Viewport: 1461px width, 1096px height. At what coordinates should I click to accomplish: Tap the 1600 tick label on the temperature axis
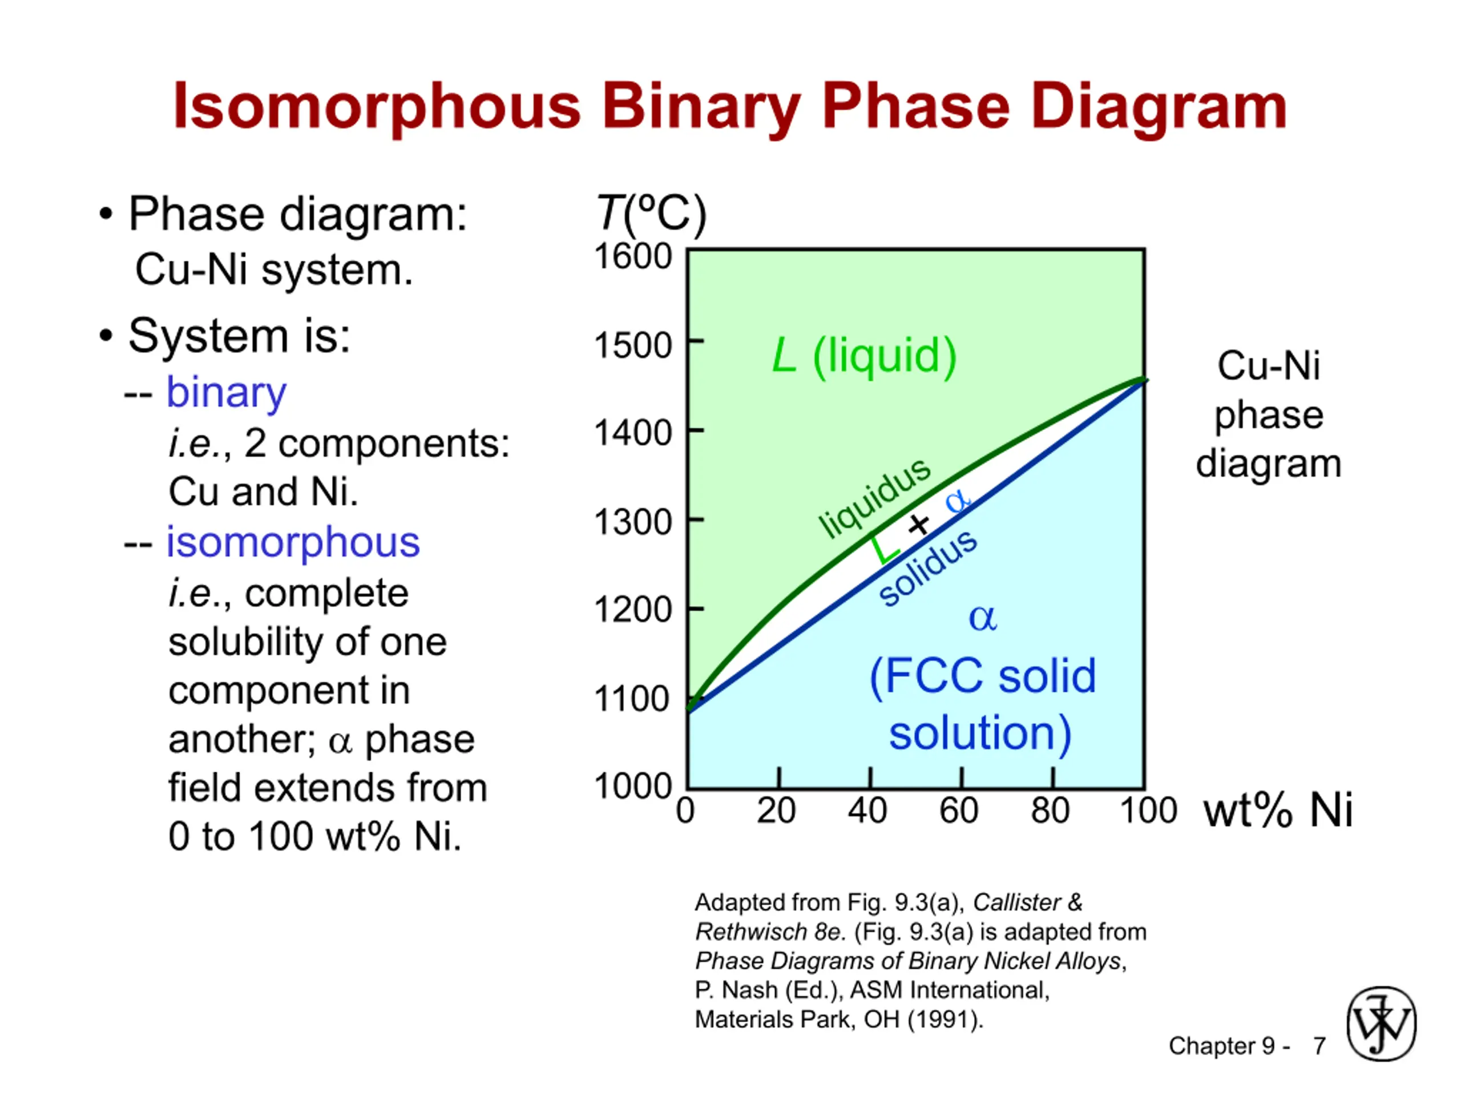(x=633, y=256)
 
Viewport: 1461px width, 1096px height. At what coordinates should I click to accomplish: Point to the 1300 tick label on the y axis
(x=633, y=522)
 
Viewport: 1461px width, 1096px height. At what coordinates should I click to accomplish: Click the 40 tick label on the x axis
(x=868, y=811)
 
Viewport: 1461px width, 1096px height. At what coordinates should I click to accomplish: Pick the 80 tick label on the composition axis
(x=1050, y=811)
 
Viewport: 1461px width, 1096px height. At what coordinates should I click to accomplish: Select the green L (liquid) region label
(x=865, y=356)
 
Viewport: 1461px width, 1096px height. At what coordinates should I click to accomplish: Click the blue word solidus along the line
(x=928, y=567)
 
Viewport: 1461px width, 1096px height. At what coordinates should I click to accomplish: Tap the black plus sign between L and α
(x=918, y=525)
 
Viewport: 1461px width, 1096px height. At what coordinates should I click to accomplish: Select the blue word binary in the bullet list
(x=226, y=393)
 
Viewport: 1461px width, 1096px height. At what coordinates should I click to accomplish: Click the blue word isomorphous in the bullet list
(x=293, y=542)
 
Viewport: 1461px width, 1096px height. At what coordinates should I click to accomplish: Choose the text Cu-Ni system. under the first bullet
(x=274, y=270)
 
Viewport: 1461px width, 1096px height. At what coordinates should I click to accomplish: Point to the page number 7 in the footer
(x=1319, y=1046)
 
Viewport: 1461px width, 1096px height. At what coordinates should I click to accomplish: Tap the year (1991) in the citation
(x=945, y=1020)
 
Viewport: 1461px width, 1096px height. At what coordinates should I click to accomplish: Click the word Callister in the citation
(x=1016, y=902)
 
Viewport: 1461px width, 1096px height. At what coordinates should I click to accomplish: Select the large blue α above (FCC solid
(x=983, y=618)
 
